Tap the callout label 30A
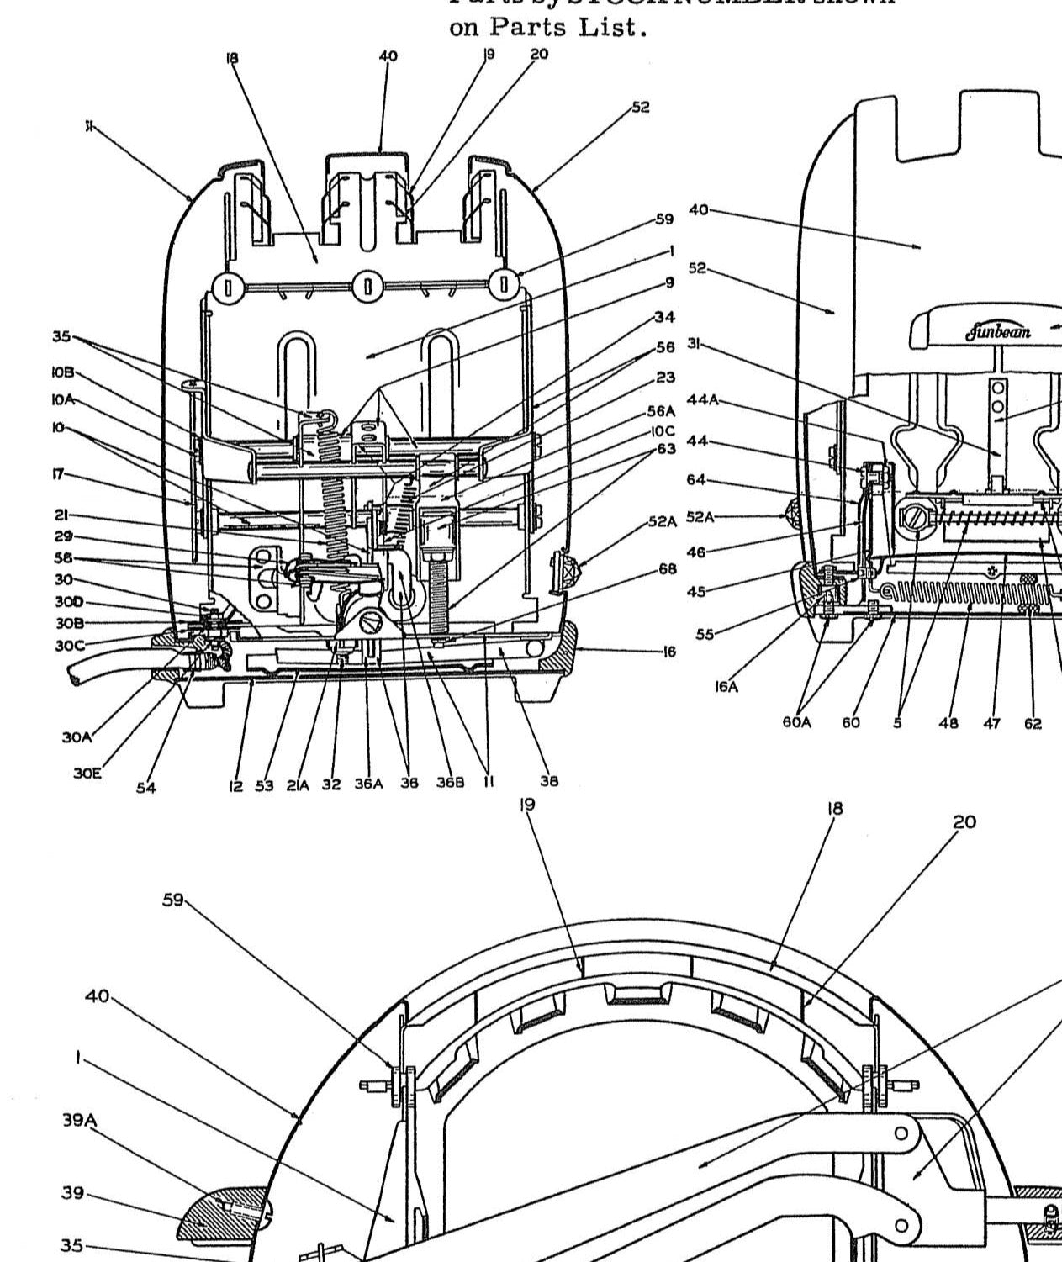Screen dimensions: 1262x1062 76,737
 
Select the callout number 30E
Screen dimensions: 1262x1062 86,773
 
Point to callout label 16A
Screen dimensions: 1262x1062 726,686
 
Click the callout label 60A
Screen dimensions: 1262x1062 796,722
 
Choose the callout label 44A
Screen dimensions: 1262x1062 703,399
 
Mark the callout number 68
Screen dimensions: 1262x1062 667,569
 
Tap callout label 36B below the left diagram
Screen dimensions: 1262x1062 450,782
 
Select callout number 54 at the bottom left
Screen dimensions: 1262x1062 146,788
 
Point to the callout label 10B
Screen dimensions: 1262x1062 62,372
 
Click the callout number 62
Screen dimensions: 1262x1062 1033,723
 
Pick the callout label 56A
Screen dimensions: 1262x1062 661,411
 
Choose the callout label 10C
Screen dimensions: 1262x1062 662,431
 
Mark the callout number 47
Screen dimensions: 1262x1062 992,723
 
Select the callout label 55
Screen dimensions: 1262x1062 704,635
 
